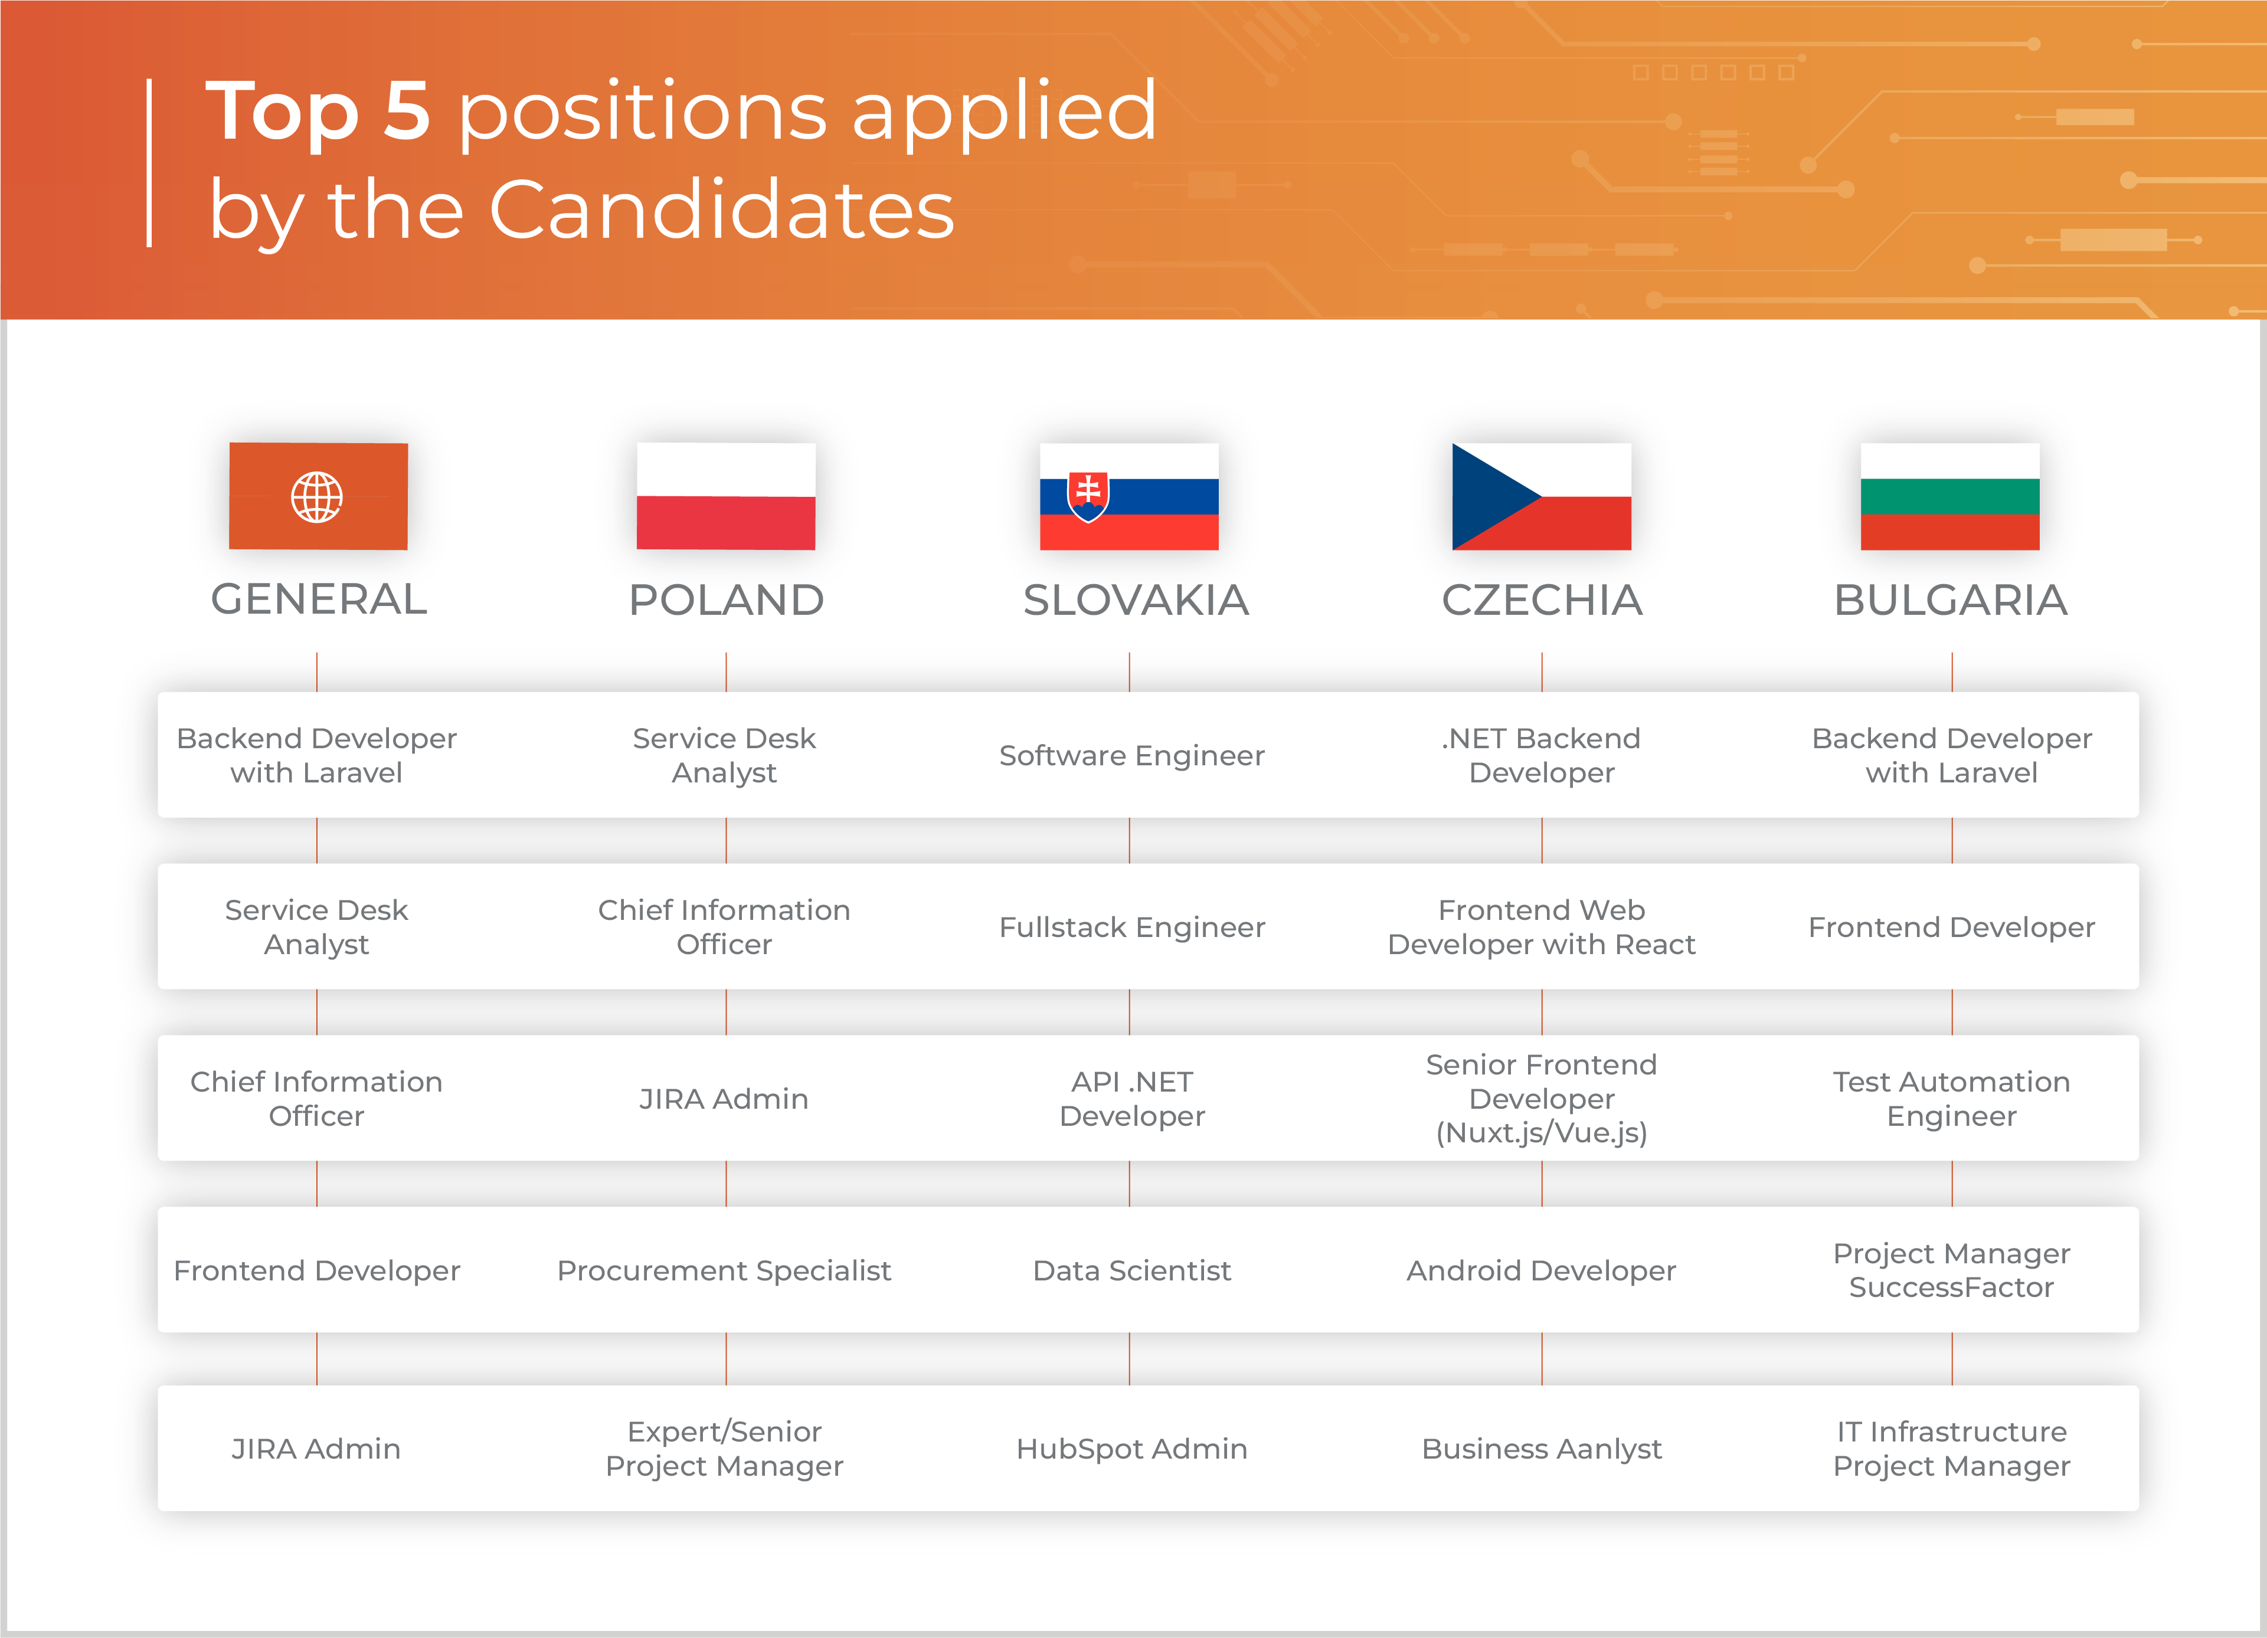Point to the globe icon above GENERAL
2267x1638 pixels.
coord(317,497)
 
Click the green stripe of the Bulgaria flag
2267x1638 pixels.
coord(1950,497)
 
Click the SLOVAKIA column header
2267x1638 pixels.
coord(1136,599)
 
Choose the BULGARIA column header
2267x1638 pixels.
coord(1950,599)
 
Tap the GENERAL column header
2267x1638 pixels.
coord(319,599)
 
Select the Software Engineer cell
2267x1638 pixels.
coord(1131,755)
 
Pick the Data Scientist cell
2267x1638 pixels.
coord(1131,1270)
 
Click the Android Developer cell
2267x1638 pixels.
coord(1541,1270)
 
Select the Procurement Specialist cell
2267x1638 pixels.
coord(724,1270)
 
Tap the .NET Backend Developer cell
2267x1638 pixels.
coord(1541,755)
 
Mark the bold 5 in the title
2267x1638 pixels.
coord(407,110)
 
